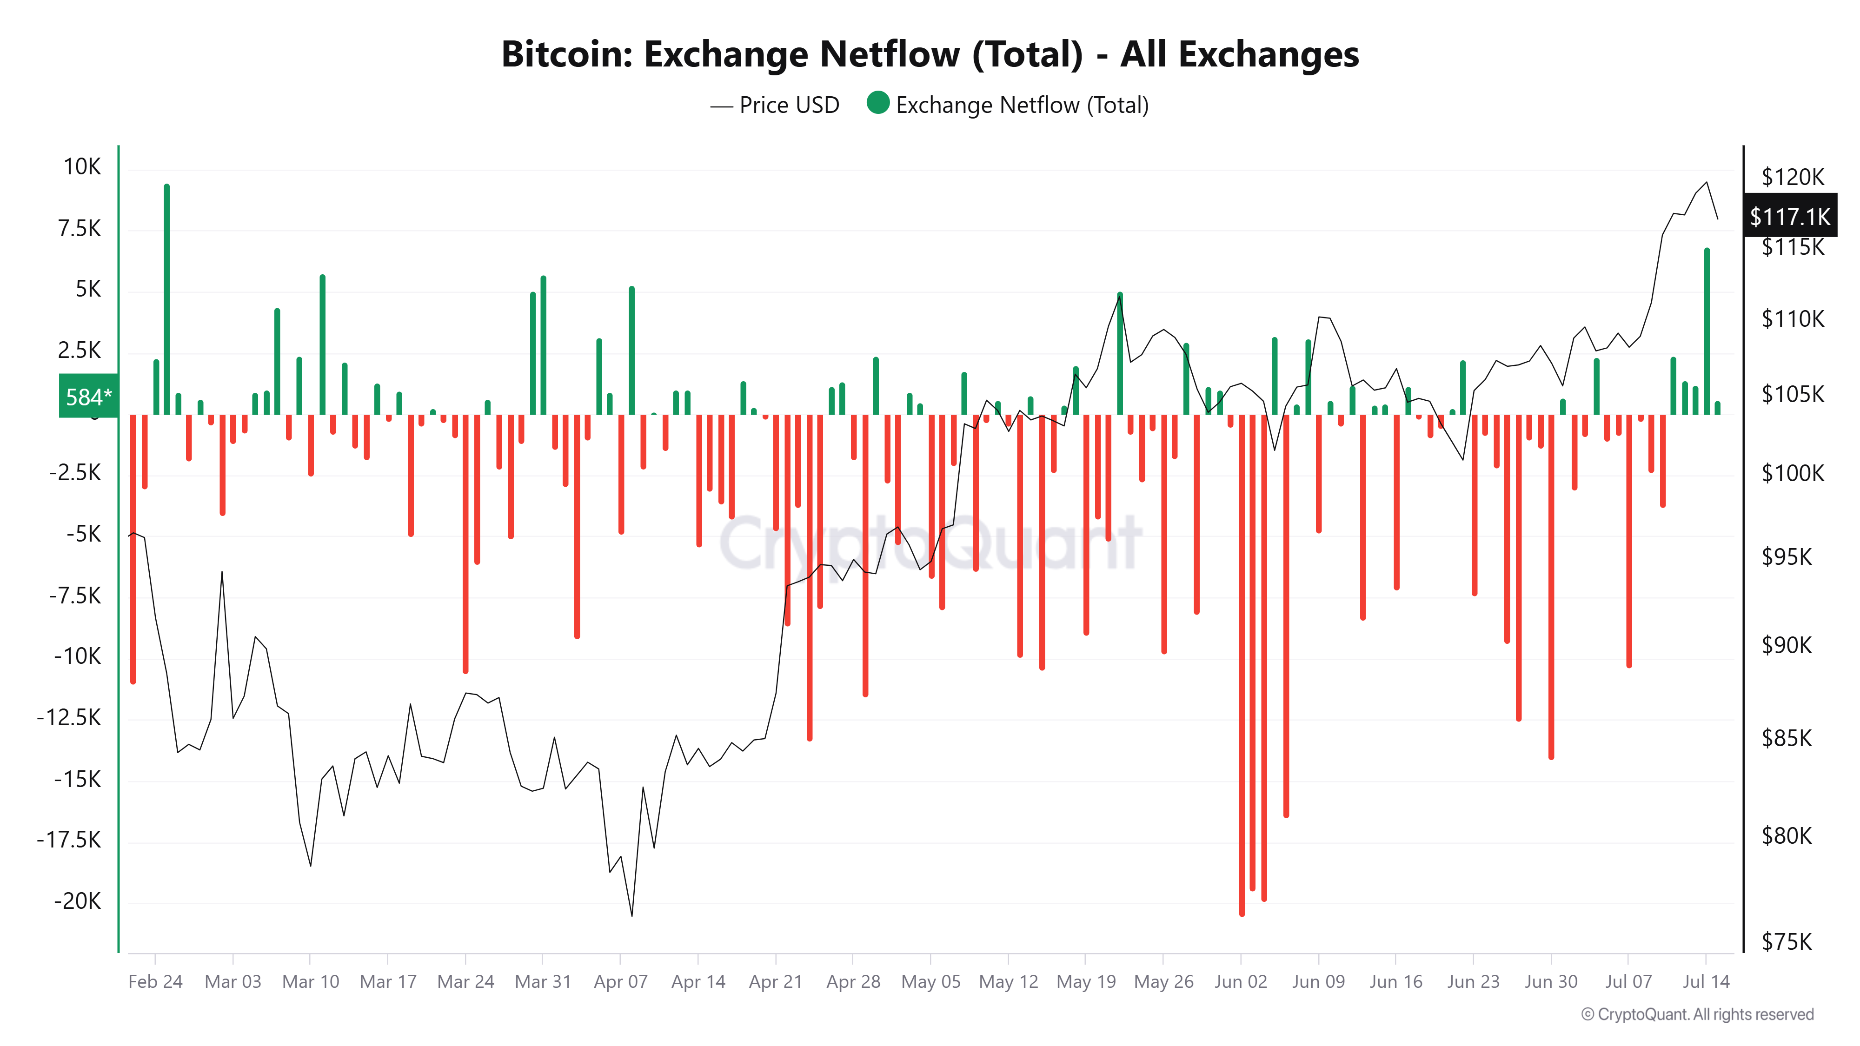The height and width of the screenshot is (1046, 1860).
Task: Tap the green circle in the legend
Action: click(877, 103)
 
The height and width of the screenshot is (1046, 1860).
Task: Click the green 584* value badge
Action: click(88, 396)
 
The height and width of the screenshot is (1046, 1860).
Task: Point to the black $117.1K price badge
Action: click(1789, 216)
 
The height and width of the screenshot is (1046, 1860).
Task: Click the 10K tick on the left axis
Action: click(82, 167)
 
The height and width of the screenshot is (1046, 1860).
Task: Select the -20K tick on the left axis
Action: click(77, 901)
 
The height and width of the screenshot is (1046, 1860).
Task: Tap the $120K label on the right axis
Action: click(1792, 177)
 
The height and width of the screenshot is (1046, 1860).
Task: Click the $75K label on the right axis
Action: click(1787, 941)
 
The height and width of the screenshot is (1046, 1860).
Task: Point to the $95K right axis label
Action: click(1787, 556)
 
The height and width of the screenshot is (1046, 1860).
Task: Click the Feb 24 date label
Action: click(155, 982)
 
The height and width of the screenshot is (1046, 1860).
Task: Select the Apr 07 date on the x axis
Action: click(620, 982)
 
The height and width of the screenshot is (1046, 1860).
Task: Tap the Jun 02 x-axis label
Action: click(1241, 982)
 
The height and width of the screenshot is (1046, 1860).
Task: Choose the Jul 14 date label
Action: click(1706, 982)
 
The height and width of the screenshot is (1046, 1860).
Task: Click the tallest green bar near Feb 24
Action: click(167, 299)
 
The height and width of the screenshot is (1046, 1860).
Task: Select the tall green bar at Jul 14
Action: click(1707, 332)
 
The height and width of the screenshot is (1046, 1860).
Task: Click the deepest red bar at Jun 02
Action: click(1242, 664)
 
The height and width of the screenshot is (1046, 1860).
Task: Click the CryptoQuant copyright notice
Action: click(1697, 1014)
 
